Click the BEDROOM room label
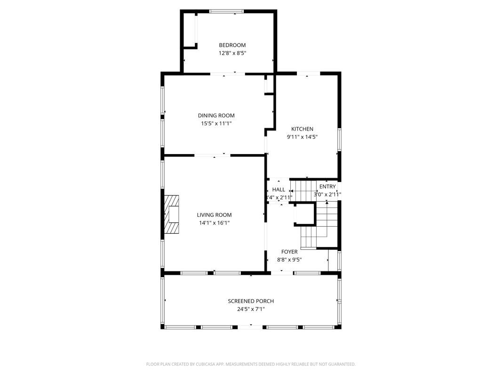[232, 45]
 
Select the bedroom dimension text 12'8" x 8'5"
[232, 53]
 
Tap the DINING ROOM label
[216, 115]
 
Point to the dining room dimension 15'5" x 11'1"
[216, 123]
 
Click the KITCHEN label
[302, 129]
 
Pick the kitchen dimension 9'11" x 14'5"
[302, 137]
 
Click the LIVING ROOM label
[214, 215]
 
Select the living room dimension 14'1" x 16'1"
[214, 223]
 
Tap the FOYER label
[289, 252]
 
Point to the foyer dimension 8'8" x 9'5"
[289, 260]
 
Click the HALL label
[279, 189]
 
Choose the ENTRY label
[327, 187]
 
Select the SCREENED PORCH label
[251, 301]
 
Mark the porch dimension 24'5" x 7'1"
[251, 309]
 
